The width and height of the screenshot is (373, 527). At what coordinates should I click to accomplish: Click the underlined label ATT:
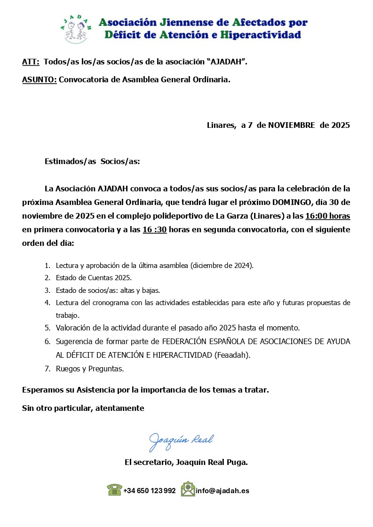coord(31,62)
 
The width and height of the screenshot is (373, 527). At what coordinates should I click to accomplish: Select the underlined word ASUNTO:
coord(40,79)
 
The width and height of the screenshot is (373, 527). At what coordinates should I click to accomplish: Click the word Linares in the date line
coord(221,125)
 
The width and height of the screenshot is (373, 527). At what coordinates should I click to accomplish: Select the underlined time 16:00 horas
coord(327,216)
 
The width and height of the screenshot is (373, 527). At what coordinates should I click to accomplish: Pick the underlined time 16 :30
coord(155,230)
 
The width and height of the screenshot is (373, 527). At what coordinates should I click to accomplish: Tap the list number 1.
coord(48,266)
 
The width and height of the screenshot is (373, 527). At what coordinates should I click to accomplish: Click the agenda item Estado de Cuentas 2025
coord(94,278)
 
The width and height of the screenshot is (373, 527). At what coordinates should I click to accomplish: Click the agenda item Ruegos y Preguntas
coord(90,369)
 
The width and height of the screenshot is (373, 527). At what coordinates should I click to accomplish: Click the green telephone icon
coord(114,490)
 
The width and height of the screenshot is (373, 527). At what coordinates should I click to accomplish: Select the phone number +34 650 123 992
coord(150,491)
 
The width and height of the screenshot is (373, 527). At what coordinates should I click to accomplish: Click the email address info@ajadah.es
coord(222,491)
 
